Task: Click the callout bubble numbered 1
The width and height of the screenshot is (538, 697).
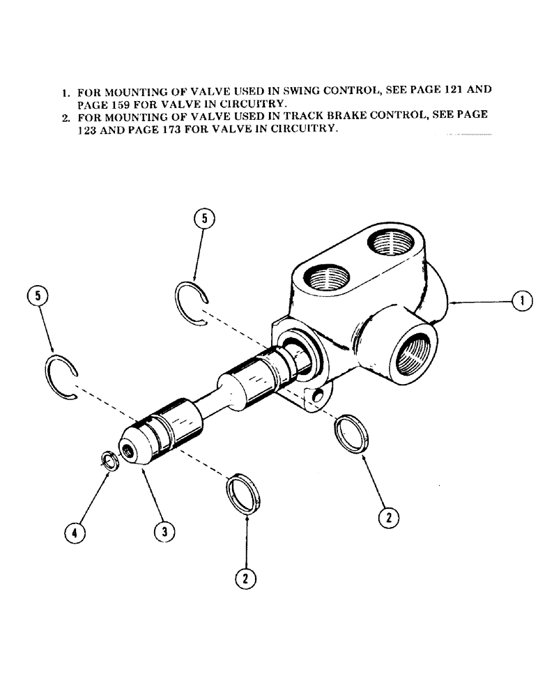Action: (522, 301)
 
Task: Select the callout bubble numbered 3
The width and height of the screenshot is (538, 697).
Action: (164, 532)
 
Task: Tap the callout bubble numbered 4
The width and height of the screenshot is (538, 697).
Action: (75, 533)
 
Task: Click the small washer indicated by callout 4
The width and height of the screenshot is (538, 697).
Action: (109, 460)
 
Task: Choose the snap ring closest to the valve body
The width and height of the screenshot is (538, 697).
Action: (192, 302)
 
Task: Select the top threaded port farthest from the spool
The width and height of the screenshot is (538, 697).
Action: (389, 247)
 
